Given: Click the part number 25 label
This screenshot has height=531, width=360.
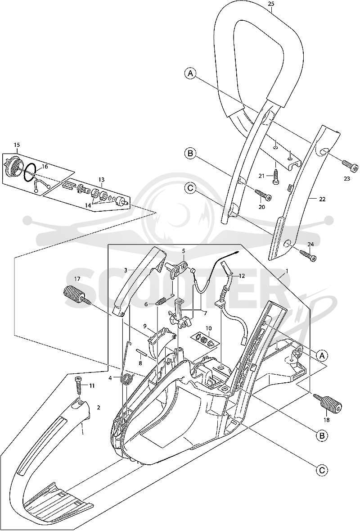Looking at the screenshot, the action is (x=271, y=4).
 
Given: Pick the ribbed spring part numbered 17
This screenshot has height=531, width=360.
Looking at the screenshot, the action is (x=77, y=295).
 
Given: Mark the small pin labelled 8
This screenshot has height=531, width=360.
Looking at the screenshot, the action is (x=141, y=353).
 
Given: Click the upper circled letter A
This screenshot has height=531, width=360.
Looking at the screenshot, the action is (x=191, y=73).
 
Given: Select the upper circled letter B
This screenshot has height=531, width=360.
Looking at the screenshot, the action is (x=190, y=154).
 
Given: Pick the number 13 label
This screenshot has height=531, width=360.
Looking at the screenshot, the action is (x=102, y=179).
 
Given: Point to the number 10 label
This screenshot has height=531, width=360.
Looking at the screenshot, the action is (x=208, y=328).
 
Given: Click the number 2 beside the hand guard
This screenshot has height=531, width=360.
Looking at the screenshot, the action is (x=99, y=408).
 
